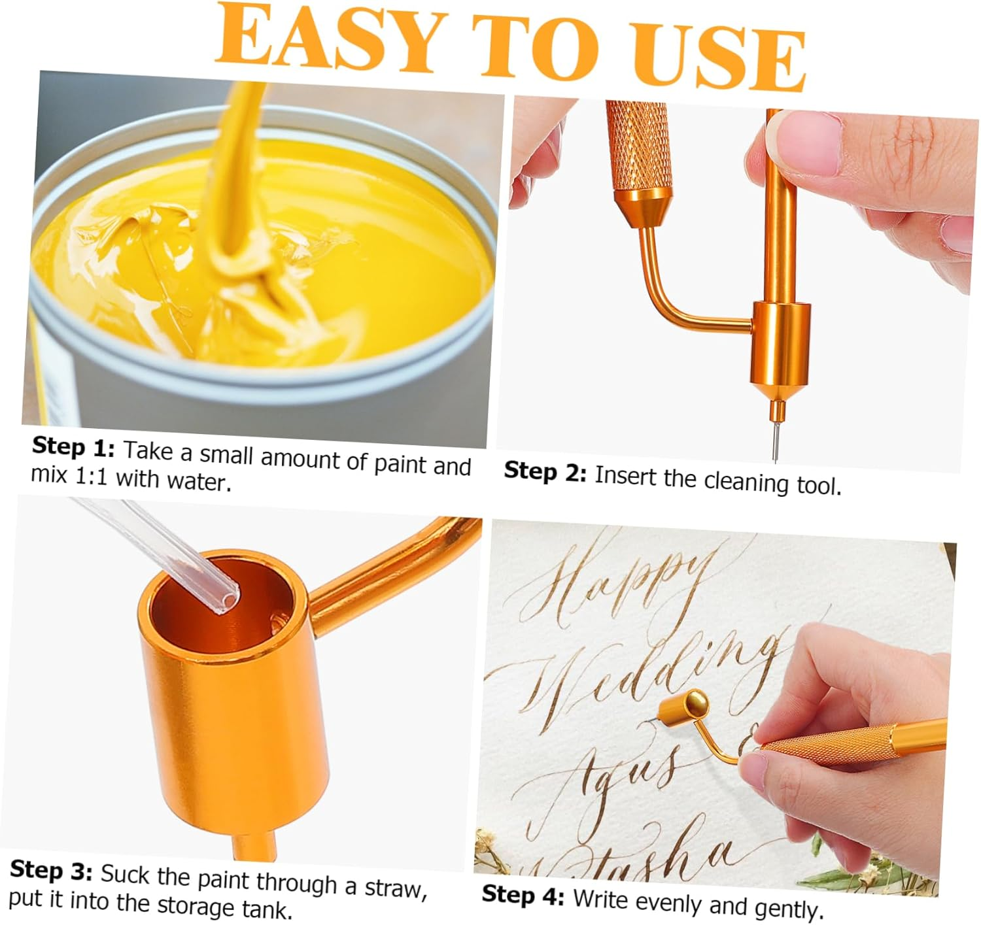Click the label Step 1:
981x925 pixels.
tap(73, 447)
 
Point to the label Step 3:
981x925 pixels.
tap(51, 871)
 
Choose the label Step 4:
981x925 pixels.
tap(523, 895)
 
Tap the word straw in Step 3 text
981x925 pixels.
tap(395, 887)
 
